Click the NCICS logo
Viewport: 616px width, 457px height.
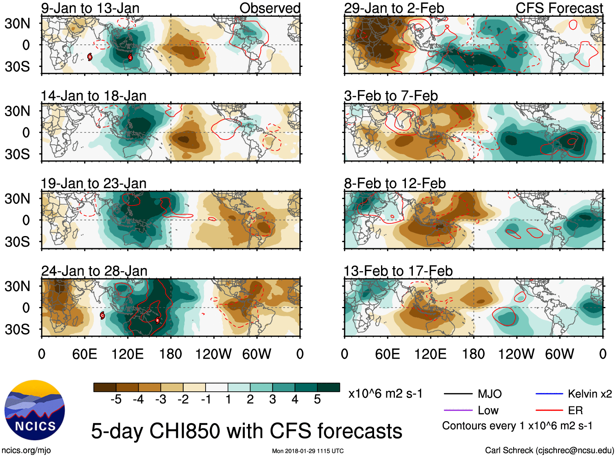pyautogui.click(x=35, y=410)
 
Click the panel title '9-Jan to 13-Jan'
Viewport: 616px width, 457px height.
pyautogui.click(x=90, y=8)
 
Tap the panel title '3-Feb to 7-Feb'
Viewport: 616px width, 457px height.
pyautogui.click(x=391, y=96)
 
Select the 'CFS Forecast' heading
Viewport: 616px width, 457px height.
pyautogui.click(x=559, y=8)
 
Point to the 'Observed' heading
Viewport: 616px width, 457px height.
pyautogui.click(x=270, y=8)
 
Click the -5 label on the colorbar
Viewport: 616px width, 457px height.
pyautogui.click(x=116, y=400)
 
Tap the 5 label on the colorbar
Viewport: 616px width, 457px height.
pyautogui.click(x=317, y=400)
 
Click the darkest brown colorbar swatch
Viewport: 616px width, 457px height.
pyautogui.click(x=105, y=387)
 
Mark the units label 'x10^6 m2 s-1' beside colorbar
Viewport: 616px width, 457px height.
pyautogui.click(x=386, y=394)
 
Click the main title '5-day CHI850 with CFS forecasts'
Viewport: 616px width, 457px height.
pyautogui.click(x=246, y=431)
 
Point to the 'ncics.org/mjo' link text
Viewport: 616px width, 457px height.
pyautogui.click(x=26, y=450)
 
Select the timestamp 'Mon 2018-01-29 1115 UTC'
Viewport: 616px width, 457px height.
pyautogui.click(x=308, y=451)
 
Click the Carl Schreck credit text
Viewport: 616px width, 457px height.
pyautogui.click(x=549, y=450)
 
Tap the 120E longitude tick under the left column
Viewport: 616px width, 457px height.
pyautogui.click(x=128, y=354)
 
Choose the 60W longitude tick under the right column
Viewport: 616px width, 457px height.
pyautogui.click(x=559, y=354)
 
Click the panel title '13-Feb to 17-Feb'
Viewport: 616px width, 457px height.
pyautogui.click(x=398, y=271)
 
